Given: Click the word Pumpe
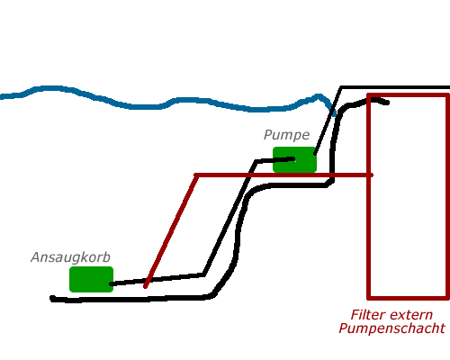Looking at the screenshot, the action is coord(286,135).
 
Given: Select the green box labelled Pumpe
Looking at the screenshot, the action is coord(294,159).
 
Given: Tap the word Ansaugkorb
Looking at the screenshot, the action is coord(70,257).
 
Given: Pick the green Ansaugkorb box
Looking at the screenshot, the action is coord(91,279).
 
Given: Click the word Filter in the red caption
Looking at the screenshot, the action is coord(368,315).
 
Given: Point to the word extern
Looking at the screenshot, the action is coord(411,315).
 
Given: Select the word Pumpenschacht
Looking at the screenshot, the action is coord(391,328).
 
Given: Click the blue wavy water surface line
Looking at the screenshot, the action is coord(168,101).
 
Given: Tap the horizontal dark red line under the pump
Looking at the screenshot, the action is coord(283,175).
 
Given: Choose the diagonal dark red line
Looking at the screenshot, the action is coord(171,231).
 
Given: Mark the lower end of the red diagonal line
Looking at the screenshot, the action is coord(145,287).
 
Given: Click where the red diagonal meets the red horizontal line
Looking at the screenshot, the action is coord(196,175).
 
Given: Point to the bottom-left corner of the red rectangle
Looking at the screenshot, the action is coord(369,298).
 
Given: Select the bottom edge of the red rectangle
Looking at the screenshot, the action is coord(408,298).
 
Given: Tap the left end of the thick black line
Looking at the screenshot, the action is coord(52,299).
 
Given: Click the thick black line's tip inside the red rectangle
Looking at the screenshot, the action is coord(387,103).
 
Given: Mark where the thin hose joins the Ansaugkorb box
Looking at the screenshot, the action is coord(112,283).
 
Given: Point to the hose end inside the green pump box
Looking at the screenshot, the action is coord(293,158).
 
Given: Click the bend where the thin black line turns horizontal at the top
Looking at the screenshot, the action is coord(341,87).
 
